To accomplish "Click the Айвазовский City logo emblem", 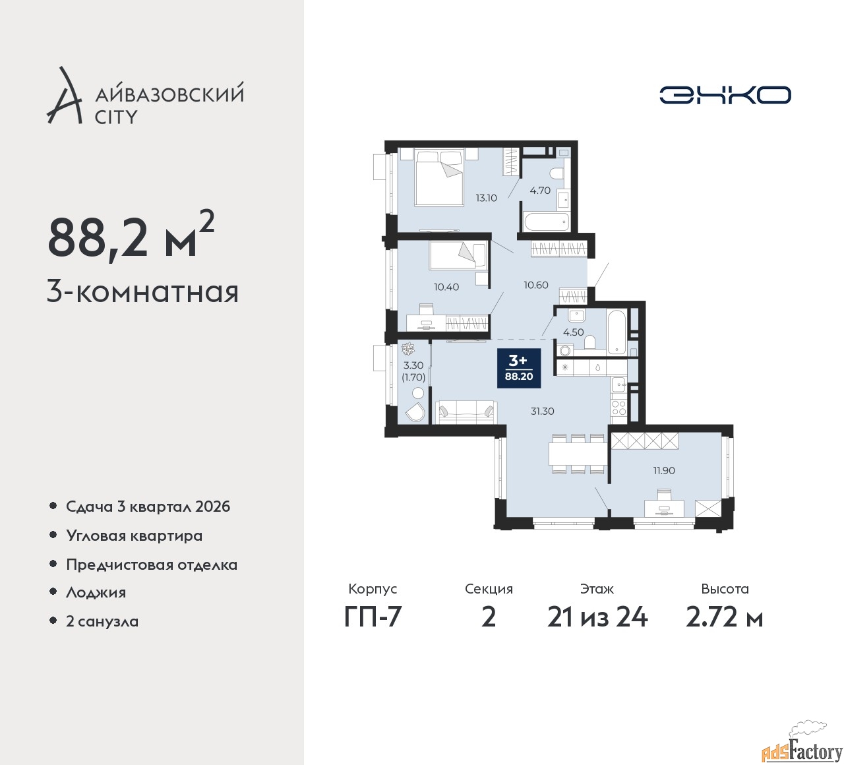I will [64, 96].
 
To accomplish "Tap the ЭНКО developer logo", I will [725, 95].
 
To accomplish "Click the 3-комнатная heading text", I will [142, 291].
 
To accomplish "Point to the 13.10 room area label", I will [486, 198].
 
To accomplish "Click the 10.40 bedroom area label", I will [446, 287].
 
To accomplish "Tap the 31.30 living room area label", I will [542, 411].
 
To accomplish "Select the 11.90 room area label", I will [663, 470].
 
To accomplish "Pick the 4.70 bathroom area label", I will [540, 191].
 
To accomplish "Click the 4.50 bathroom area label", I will [572, 332].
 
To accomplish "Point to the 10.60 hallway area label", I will [535, 285].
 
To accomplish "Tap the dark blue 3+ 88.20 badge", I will [518, 368].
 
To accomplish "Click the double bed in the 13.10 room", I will [438, 177].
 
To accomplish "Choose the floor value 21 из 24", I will [597, 617].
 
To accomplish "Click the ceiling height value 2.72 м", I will [724, 617].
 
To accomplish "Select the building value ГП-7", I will [373, 617].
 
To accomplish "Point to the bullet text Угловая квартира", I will [134, 535].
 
